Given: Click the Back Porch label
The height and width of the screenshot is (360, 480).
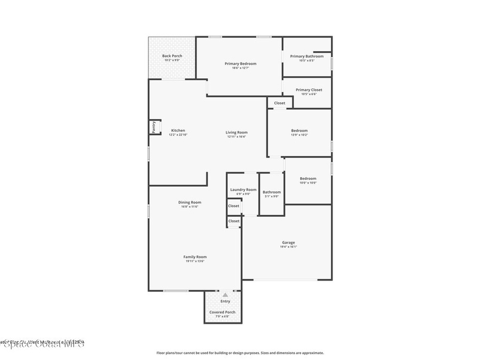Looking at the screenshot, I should (172, 56).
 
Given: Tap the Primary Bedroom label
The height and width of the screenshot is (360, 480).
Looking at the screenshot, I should (240, 64).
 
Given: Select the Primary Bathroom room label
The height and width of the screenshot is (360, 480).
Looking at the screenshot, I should (307, 56).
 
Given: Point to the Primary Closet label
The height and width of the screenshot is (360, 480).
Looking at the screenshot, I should (309, 90).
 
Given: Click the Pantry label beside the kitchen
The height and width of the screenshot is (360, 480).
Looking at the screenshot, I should (153, 127).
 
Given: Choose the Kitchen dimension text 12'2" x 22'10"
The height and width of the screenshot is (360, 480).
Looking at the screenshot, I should (178, 135).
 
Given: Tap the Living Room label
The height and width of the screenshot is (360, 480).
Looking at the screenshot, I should (237, 133).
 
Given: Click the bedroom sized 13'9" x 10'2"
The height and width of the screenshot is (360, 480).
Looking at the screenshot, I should (300, 131).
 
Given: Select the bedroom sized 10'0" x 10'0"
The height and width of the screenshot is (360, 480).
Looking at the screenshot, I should (308, 179).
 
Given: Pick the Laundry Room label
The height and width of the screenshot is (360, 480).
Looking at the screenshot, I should (243, 190).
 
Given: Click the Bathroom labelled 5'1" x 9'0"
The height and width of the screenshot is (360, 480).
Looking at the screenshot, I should (272, 192).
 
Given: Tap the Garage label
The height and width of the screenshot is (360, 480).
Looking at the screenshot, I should (288, 243).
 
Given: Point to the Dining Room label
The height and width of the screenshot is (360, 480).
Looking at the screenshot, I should (190, 202).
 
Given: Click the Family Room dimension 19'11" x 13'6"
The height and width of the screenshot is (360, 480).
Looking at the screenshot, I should (195, 261).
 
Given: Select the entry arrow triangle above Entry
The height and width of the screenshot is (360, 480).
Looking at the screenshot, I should (225, 295).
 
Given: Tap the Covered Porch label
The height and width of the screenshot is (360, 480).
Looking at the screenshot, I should (223, 312).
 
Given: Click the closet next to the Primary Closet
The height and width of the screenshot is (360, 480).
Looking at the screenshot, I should (280, 103).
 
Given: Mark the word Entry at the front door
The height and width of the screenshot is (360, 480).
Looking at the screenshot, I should (225, 301).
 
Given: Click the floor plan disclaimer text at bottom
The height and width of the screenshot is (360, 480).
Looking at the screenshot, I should (240, 353).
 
